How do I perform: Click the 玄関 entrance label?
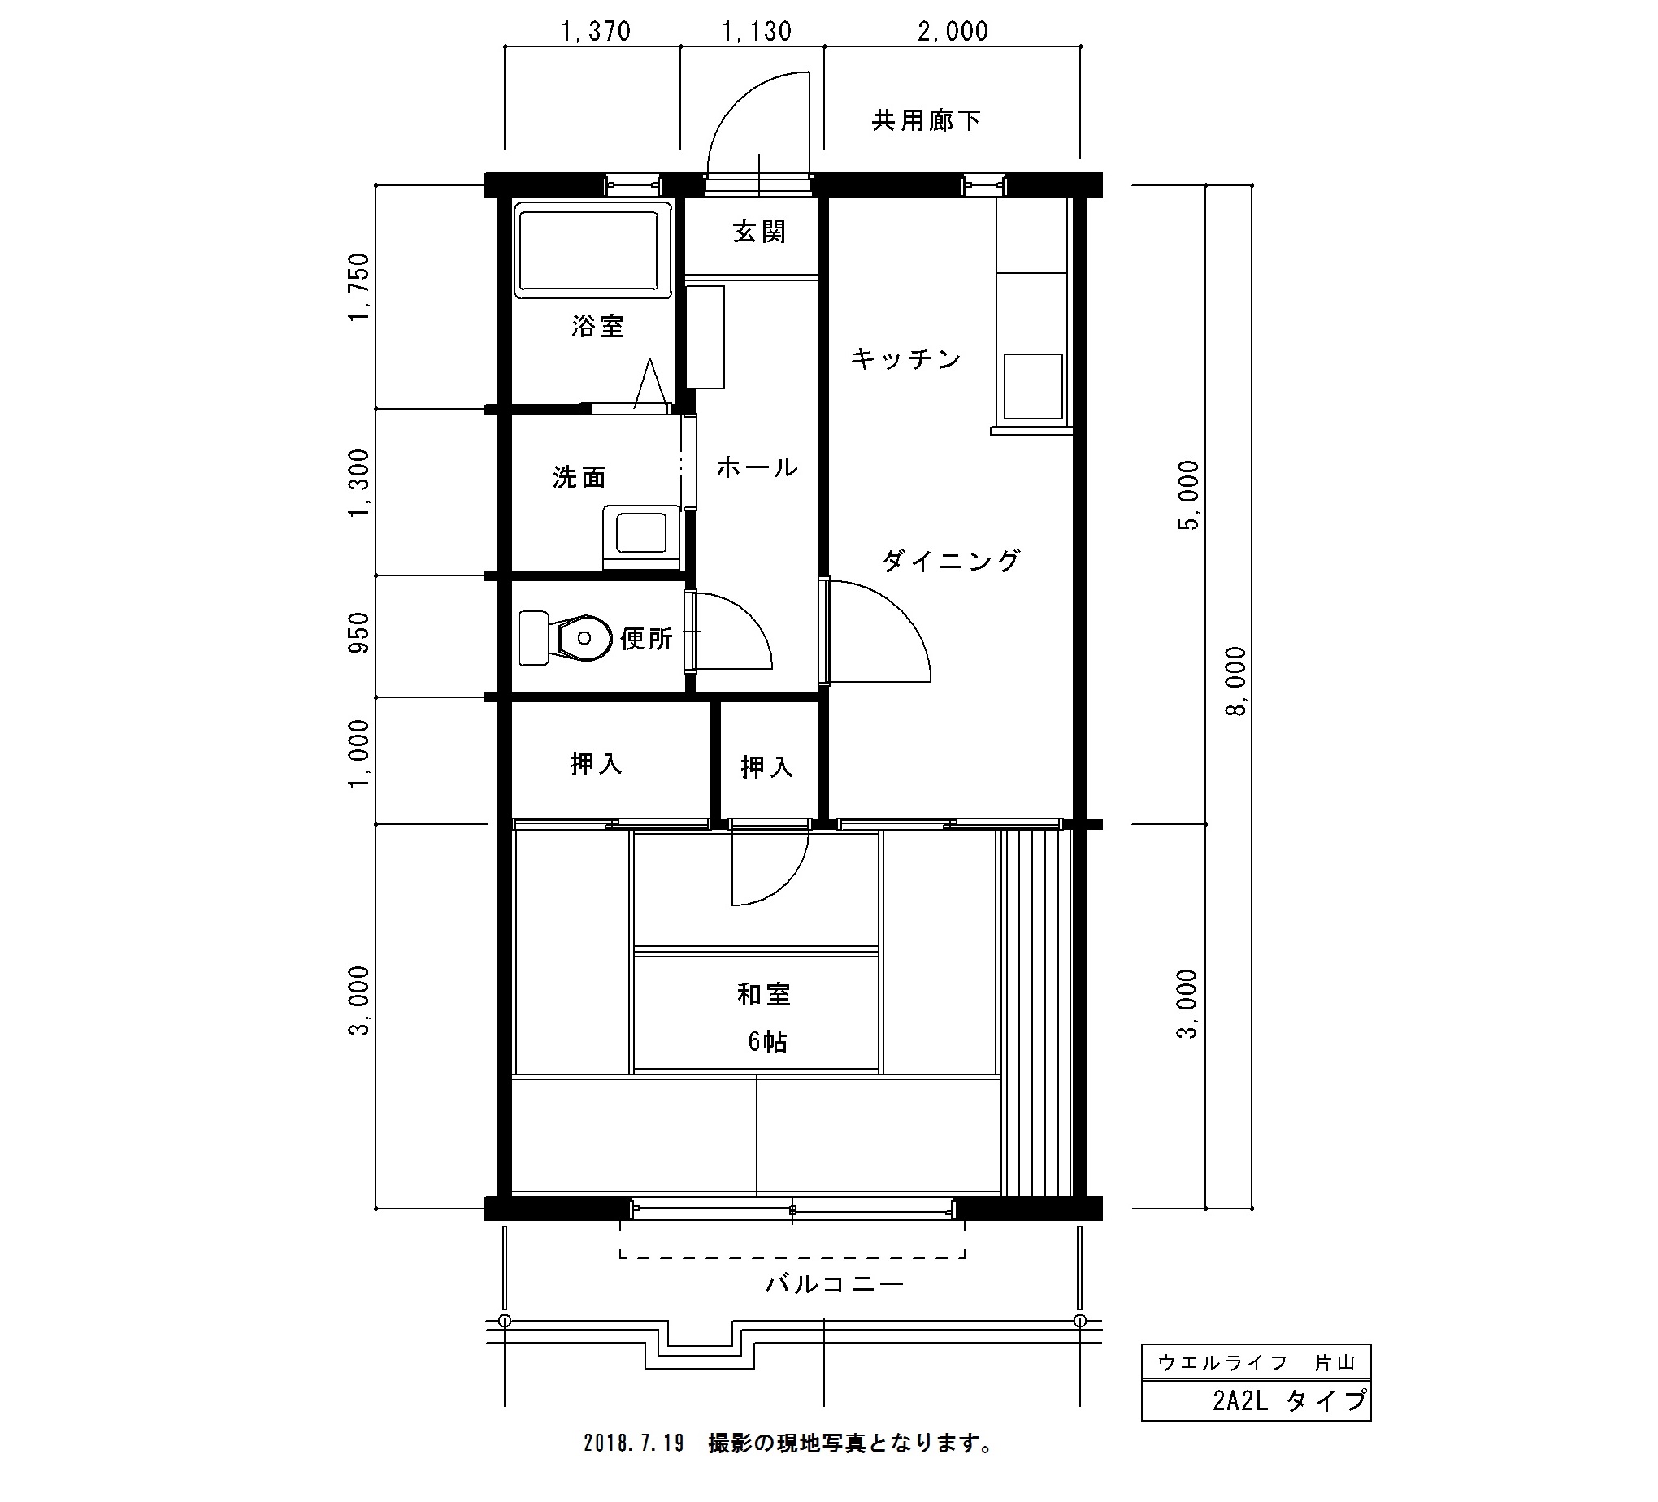(x=759, y=232)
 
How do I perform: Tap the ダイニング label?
(x=952, y=561)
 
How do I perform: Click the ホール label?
(x=757, y=467)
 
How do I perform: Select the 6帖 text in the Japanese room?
(x=767, y=1042)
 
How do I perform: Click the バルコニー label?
(x=835, y=1283)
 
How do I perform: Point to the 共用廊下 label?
(x=926, y=121)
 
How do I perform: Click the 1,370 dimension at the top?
(x=596, y=31)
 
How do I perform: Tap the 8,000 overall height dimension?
(x=1236, y=681)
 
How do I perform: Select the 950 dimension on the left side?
(x=359, y=632)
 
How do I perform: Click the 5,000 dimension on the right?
(x=1188, y=495)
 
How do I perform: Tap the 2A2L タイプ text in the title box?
(x=1290, y=1400)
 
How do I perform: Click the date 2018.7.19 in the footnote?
(x=634, y=1443)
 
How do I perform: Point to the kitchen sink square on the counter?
(x=1033, y=386)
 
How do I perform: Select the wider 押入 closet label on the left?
(x=596, y=764)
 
